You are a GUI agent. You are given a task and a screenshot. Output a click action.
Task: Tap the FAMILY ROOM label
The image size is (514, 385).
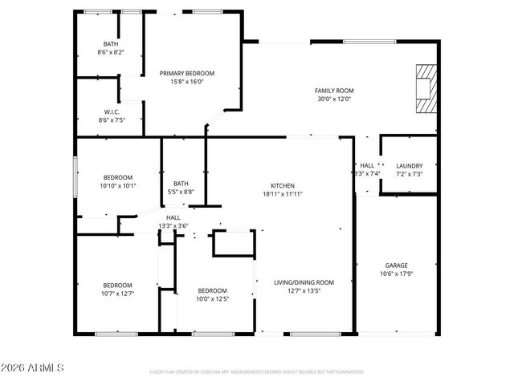pyautogui.click(x=334, y=91)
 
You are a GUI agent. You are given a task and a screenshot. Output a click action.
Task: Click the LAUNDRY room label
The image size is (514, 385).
pyautogui.click(x=409, y=165)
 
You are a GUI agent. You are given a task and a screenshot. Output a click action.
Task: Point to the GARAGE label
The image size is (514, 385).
pyautogui.click(x=396, y=265)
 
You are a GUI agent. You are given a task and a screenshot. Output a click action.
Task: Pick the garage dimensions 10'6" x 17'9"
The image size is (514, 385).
pyautogui.click(x=396, y=274)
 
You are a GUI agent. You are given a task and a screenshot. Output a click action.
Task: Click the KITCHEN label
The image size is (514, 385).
pyautogui.click(x=283, y=184)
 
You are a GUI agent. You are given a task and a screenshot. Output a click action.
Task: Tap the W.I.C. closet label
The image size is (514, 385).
pyautogui.click(x=111, y=111)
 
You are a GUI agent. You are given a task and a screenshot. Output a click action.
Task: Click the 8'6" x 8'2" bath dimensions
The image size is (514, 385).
pyautogui.click(x=111, y=52)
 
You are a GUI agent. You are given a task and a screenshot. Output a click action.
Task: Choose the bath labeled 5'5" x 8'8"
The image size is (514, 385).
pyautogui.click(x=181, y=188)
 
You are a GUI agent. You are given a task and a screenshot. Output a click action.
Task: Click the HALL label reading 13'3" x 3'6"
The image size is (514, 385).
pyautogui.click(x=173, y=221)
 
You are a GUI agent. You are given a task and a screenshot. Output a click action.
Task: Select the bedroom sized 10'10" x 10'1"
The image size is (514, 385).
pyautogui.click(x=118, y=181)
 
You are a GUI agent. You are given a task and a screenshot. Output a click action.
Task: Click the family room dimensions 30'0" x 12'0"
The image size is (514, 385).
pyautogui.click(x=334, y=99)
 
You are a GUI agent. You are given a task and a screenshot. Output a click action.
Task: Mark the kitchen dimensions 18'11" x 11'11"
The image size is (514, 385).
pyautogui.click(x=283, y=193)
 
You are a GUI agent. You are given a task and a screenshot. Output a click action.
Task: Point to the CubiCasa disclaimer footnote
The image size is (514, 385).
pyautogui.click(x=257, y=372)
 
